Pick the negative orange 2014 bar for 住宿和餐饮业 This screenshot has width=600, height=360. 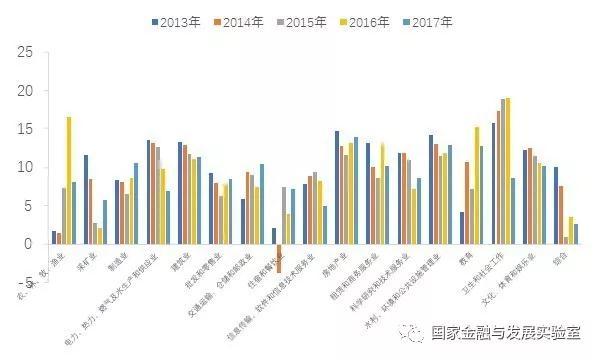(x=280, y=257)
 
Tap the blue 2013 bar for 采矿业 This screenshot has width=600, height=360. (x=86, y=199)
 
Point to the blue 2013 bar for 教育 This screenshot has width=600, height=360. (x=461, y=228)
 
